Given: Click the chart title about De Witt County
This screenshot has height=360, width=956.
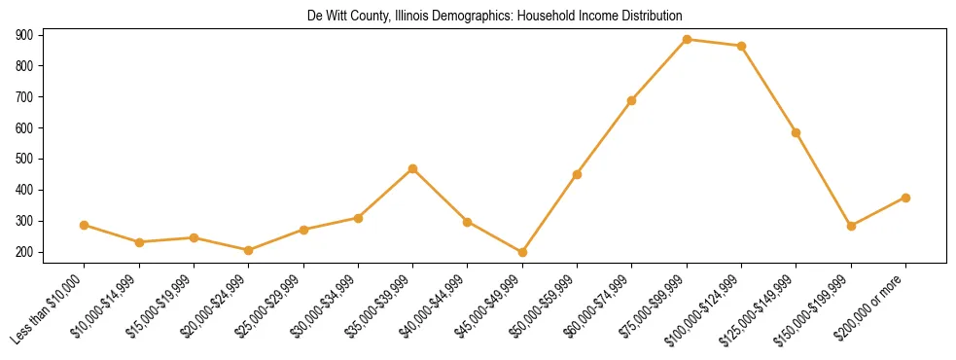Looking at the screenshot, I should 495,17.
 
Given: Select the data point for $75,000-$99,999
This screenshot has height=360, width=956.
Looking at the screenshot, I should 687,40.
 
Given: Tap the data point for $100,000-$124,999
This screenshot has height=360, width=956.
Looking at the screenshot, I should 742,46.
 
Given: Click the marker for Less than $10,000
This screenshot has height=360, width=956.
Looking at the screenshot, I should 85,225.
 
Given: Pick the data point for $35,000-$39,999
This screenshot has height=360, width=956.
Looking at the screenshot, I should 413,168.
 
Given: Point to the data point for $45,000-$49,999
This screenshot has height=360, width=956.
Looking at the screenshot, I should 522,252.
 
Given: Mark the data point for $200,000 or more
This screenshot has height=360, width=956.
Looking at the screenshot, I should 905,198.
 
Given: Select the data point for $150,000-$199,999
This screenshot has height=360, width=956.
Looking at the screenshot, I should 851,226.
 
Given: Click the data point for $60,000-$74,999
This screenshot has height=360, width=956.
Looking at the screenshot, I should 632,100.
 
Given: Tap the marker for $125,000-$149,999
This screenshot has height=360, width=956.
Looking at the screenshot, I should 797,132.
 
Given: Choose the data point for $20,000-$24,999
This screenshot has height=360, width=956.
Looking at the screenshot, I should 249,250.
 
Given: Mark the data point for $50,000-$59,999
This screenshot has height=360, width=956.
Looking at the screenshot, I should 578,174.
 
